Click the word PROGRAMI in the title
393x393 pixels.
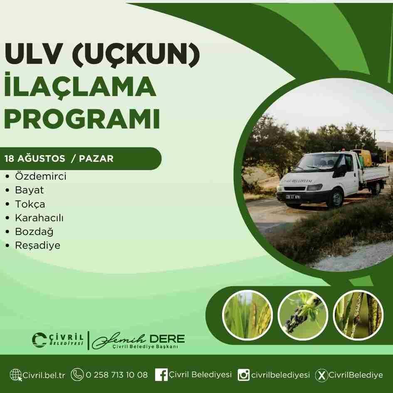[x=82, y=119]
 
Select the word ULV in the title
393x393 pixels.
[x=33, y=54]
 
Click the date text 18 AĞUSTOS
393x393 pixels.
[x=35, y=158]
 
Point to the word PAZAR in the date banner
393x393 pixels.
[x=96, y=158]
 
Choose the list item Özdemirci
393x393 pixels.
[x=41, y=176]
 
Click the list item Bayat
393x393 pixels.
[x=30, y=190]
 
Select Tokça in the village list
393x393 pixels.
[x=30, y=204]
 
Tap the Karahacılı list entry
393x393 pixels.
[x=39, y=218]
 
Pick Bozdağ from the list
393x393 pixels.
[x=34, y=232]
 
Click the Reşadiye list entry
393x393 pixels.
[x=37, y=245]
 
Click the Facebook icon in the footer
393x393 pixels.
[x=161, y=375]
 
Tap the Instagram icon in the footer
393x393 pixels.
[x=243, y=375]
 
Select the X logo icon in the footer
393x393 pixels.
[x=321, y=375]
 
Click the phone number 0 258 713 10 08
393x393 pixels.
[x=117, y=375]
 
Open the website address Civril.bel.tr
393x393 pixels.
[x=44, y=375]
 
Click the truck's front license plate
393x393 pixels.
[x=293, y=197]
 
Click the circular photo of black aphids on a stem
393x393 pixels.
[x=303, y=315]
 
